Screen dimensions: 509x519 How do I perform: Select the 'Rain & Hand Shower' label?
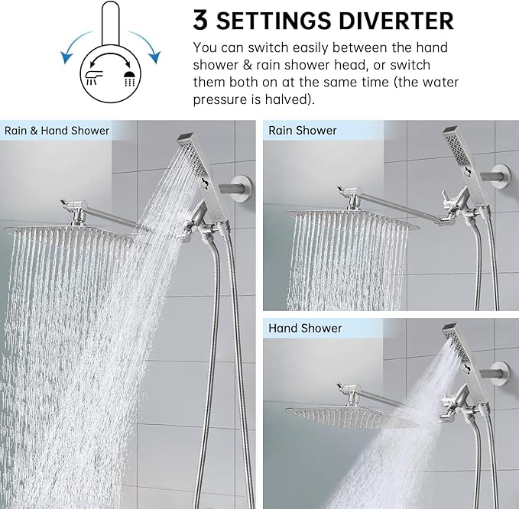57,130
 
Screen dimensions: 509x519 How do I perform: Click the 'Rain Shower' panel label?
303,130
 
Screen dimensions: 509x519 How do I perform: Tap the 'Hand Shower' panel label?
305,328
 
